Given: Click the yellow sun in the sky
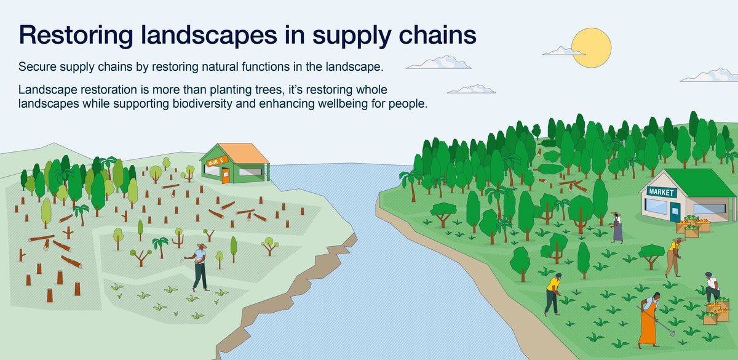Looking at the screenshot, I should (x=591, y=47).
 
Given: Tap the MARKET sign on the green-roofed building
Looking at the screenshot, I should (x=661, y=193).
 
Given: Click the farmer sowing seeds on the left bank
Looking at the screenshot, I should (x=200, y=266).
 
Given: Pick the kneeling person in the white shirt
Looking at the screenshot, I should (x=712, y=287).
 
